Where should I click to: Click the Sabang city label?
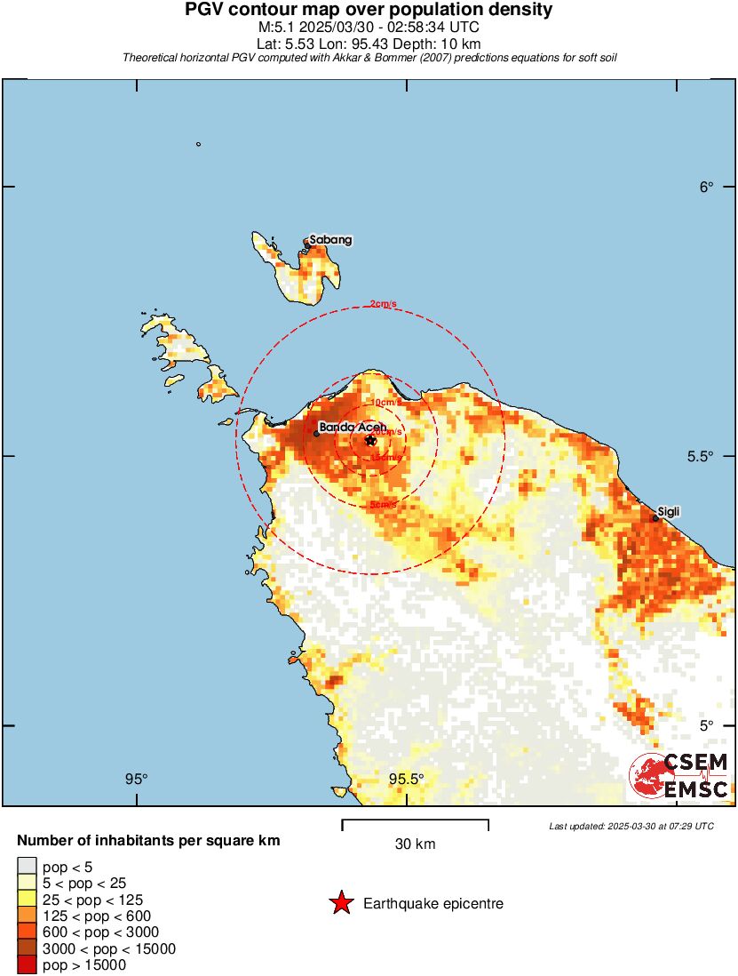click(x=330, y=240)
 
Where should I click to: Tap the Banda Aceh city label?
click(x=353, y=427)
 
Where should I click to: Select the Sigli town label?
click(x=669, y=514)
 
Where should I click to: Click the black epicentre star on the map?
click(x=370, y=440)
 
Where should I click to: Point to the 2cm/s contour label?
click(x=383, y=304)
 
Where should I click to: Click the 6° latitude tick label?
click(x=706, y=187)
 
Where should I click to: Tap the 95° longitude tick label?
click(x=136, y=779)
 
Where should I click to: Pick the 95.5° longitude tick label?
click(x=406, y=779)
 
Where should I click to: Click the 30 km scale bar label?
click(x=415, y=844)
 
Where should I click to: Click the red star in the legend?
click(x=340, y=904)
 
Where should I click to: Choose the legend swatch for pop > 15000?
click(x=27, y=964)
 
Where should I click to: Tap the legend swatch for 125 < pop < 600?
click(x=27, y=916)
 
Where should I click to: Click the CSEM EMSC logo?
click(x=679, y=776)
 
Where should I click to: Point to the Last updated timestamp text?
click(x=631, y=826)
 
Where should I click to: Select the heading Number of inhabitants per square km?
click(x=149, y=840)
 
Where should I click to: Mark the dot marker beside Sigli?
click(x=655, y=519)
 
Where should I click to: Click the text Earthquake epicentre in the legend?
click(x=433, y=904)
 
